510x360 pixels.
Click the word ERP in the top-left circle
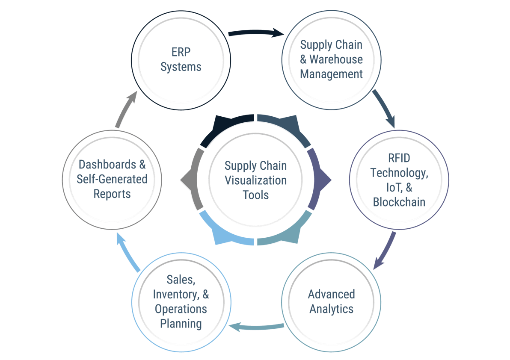click(181, 53)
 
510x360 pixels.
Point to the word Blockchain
click(399, 202)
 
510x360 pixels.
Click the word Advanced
click(331, 294)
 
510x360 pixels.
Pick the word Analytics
click(331, 309)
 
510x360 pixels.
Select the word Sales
click(181, 280)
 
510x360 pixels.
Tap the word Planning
click(181, 324)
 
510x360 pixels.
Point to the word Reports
click(112, 194)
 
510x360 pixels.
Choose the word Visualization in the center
click(255, 180)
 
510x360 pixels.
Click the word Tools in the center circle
click(255, 195)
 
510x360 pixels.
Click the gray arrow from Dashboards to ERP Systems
click(127, 109)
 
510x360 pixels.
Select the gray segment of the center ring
click(193, 180)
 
